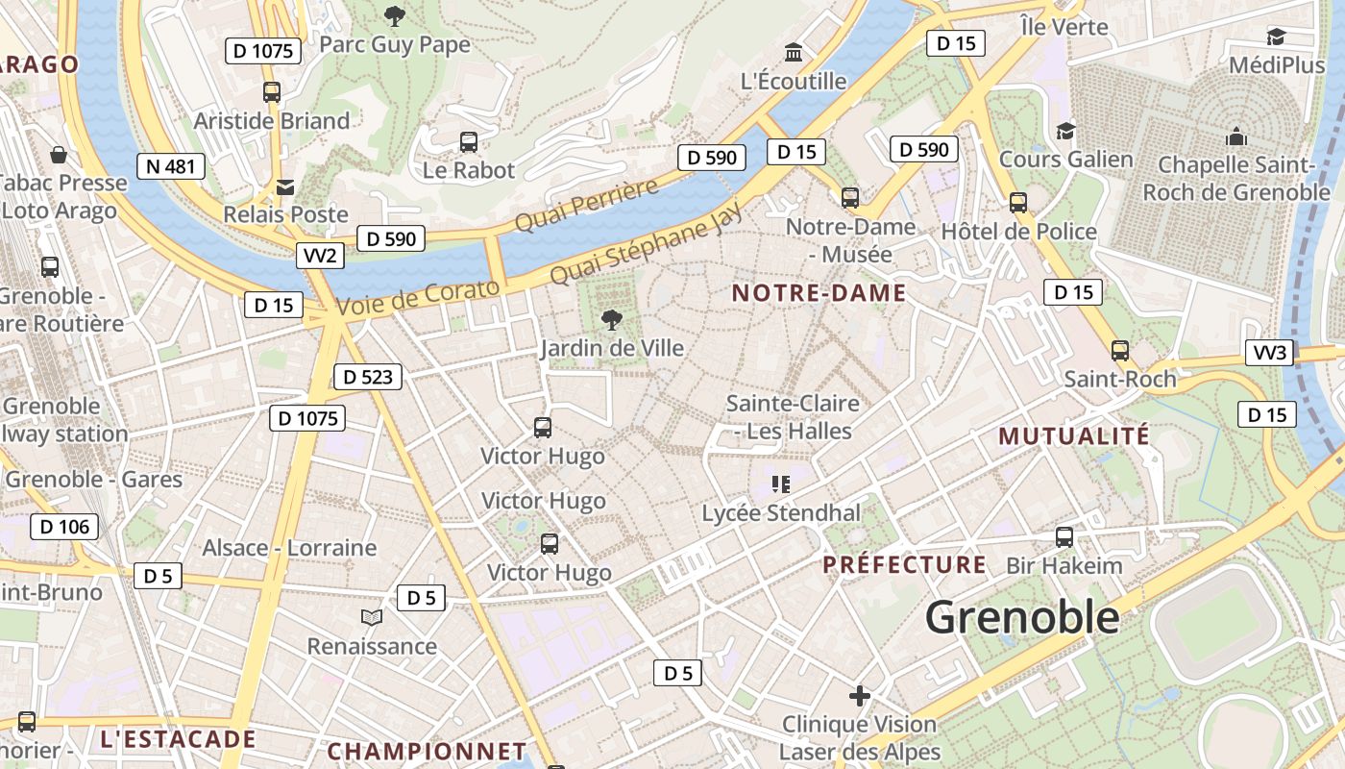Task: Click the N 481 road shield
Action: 171,166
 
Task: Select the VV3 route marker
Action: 1270,353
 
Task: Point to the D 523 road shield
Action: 367,377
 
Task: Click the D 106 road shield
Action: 64,527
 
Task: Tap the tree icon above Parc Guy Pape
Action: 394,15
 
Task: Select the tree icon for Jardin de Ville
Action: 611,320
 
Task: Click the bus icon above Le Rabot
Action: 469,142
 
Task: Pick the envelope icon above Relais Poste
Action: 285,186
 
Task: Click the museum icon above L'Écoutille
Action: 794,52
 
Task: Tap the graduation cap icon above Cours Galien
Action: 1065,131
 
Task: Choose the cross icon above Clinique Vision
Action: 860,695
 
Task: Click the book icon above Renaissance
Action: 372,617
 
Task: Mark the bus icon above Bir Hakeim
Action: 1064,537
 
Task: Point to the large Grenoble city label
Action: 1022,617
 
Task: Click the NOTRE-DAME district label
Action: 819,293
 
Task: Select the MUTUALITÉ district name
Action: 1074,436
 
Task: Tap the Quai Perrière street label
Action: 586,204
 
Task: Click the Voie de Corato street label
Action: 419,297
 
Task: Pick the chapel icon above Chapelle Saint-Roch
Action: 1235,137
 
